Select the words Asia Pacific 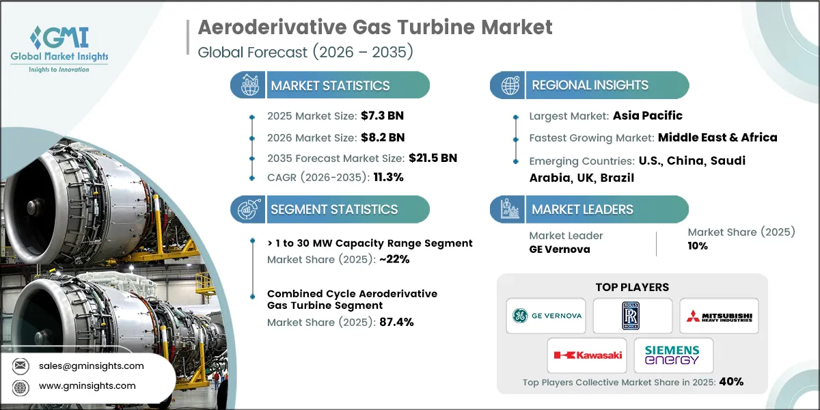tap(646, 115)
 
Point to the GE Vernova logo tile tap(546, 315)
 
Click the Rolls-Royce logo tap(633, 315)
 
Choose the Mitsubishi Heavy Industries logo tap(719, 315)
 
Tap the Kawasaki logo tap(588, 355)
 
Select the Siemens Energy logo tap(674, 355)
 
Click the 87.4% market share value tap(396, 323)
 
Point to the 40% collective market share tap(730, 381)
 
